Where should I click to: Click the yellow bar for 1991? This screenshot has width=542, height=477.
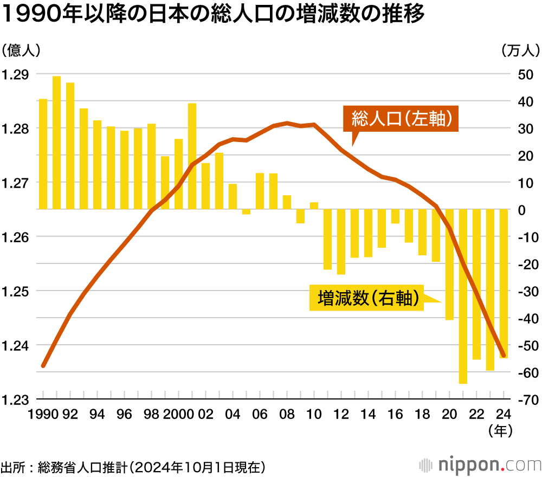click(x=56, y=143)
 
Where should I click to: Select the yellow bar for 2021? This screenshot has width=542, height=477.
click(x=463, y=296)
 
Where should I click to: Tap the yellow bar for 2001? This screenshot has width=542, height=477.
click(x=192, y=156)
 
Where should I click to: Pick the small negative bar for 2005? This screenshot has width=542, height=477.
click(x=246, y=211)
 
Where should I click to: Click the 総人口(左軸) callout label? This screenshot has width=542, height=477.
click(x=402, y=119)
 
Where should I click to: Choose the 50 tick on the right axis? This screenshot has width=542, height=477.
click(x=526, y=74)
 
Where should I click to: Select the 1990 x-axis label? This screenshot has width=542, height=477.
click(x=45, y=414)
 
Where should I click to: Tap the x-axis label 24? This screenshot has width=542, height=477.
click(x=504, y=414)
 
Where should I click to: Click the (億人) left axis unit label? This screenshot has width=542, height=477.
click(x=20, y=50)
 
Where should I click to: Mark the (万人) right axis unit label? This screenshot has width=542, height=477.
click(x=520, y=50)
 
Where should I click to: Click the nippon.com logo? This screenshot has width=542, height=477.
click(x=480, y=465)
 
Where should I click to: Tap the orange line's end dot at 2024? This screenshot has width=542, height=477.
click(x=504, y=356)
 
